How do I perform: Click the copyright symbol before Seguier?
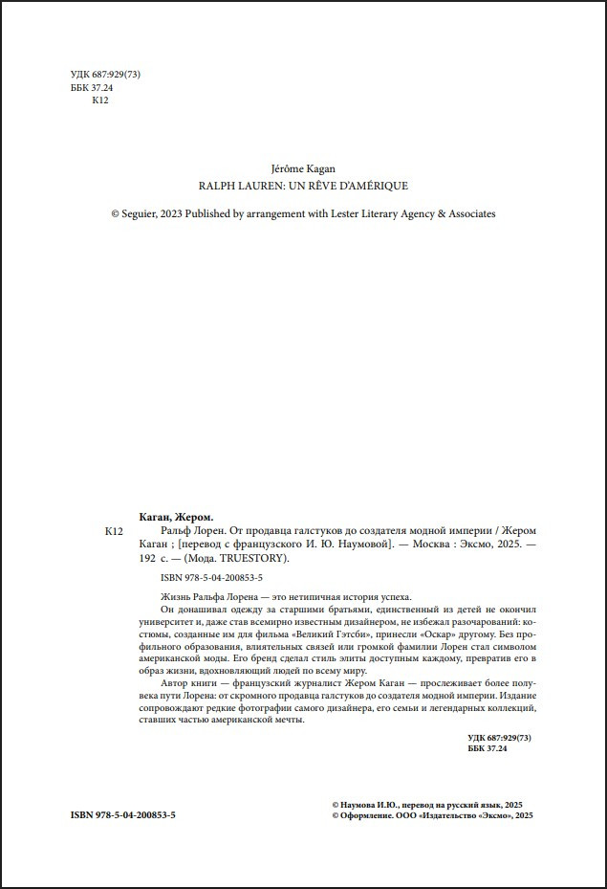tap(115, 213)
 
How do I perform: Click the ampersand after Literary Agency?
tap(441, 213)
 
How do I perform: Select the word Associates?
tap(471, 213)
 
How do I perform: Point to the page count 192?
tap(137, 558)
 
